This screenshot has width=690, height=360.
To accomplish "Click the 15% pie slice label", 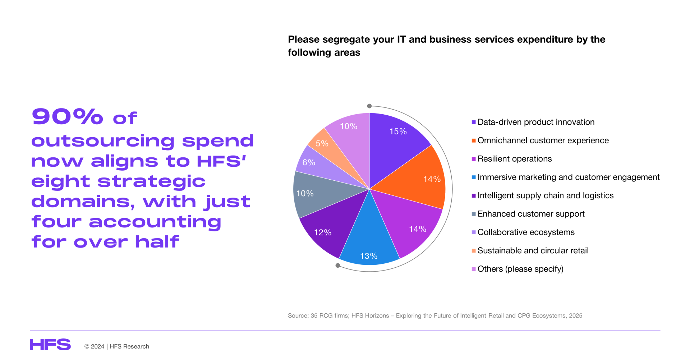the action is click(398, 131).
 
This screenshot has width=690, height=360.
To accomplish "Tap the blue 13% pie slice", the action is click(369, 237).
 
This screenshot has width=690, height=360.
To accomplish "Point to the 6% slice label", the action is click(309, 162).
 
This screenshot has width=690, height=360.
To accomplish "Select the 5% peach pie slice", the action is click(331, 151).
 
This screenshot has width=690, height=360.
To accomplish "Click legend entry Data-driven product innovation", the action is click(533, 122).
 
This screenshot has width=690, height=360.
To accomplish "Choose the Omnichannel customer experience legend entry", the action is click(540, 140).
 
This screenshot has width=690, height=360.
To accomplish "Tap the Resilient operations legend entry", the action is click(512, 159).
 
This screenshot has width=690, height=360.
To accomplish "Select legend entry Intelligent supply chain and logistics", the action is click(543, 195).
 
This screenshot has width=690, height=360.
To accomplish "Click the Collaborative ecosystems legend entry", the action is click(523, 232).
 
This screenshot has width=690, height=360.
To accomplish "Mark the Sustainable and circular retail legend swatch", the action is click(474, 251).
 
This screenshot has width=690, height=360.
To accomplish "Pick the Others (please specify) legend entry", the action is click(517, 269).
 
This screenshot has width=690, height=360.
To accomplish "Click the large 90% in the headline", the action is click(68, 116).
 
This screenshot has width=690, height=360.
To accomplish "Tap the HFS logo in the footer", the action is click(50, 345).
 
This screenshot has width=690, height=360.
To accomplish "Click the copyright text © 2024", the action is click(94, 346).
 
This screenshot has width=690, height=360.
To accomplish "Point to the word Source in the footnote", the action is click(298, 315).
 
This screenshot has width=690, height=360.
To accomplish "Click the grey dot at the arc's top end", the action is click(369, 106).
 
